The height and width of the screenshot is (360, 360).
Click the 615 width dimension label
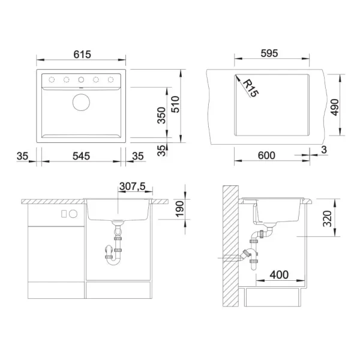tap(82, 54)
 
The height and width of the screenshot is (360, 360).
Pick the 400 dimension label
tap(276, 275)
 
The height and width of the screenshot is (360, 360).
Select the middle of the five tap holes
tap(81, 79)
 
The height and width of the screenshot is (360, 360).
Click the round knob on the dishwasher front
tap(73, 214)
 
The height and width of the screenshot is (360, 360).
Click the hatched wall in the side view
tap(229, 246)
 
